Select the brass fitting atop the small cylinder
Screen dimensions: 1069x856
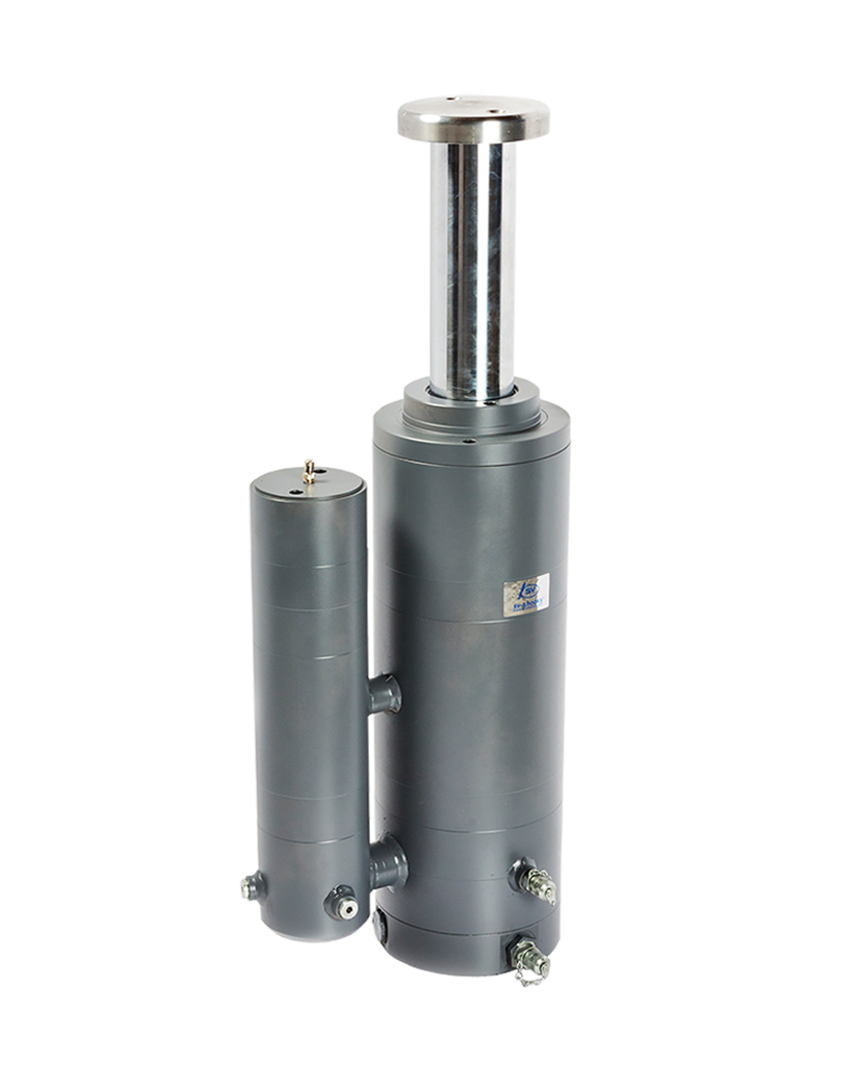tap(309, 472)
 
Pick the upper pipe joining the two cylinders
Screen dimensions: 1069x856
tap(384, 693)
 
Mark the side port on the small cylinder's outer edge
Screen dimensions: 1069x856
tap(252, 884)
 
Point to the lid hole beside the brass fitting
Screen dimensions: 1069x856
tap(296, 488)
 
